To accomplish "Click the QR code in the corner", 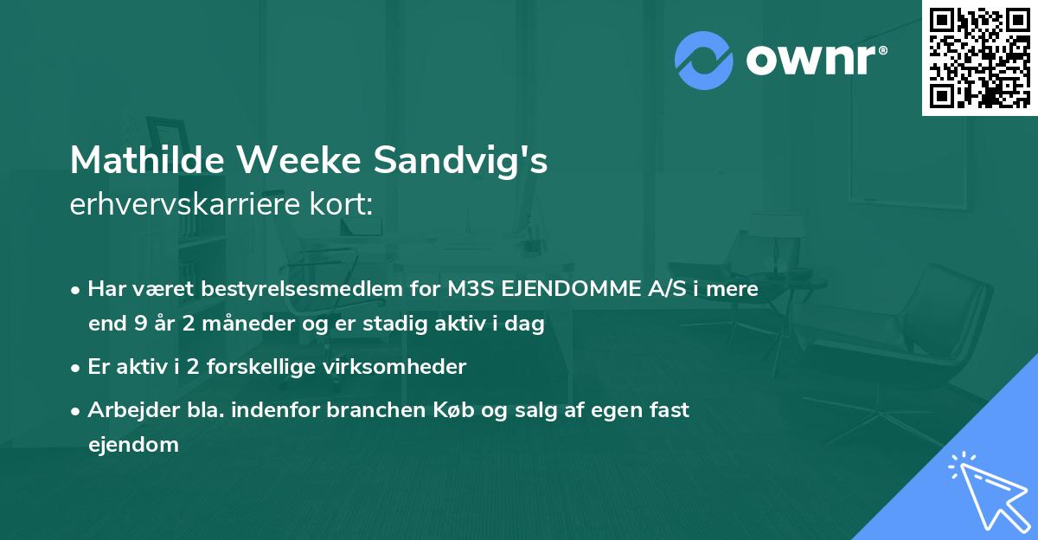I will coord(979,57).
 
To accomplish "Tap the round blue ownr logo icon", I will coord(704,61).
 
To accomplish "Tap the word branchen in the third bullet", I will coord(368,410).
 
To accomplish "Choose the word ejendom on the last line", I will coord(133,445).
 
